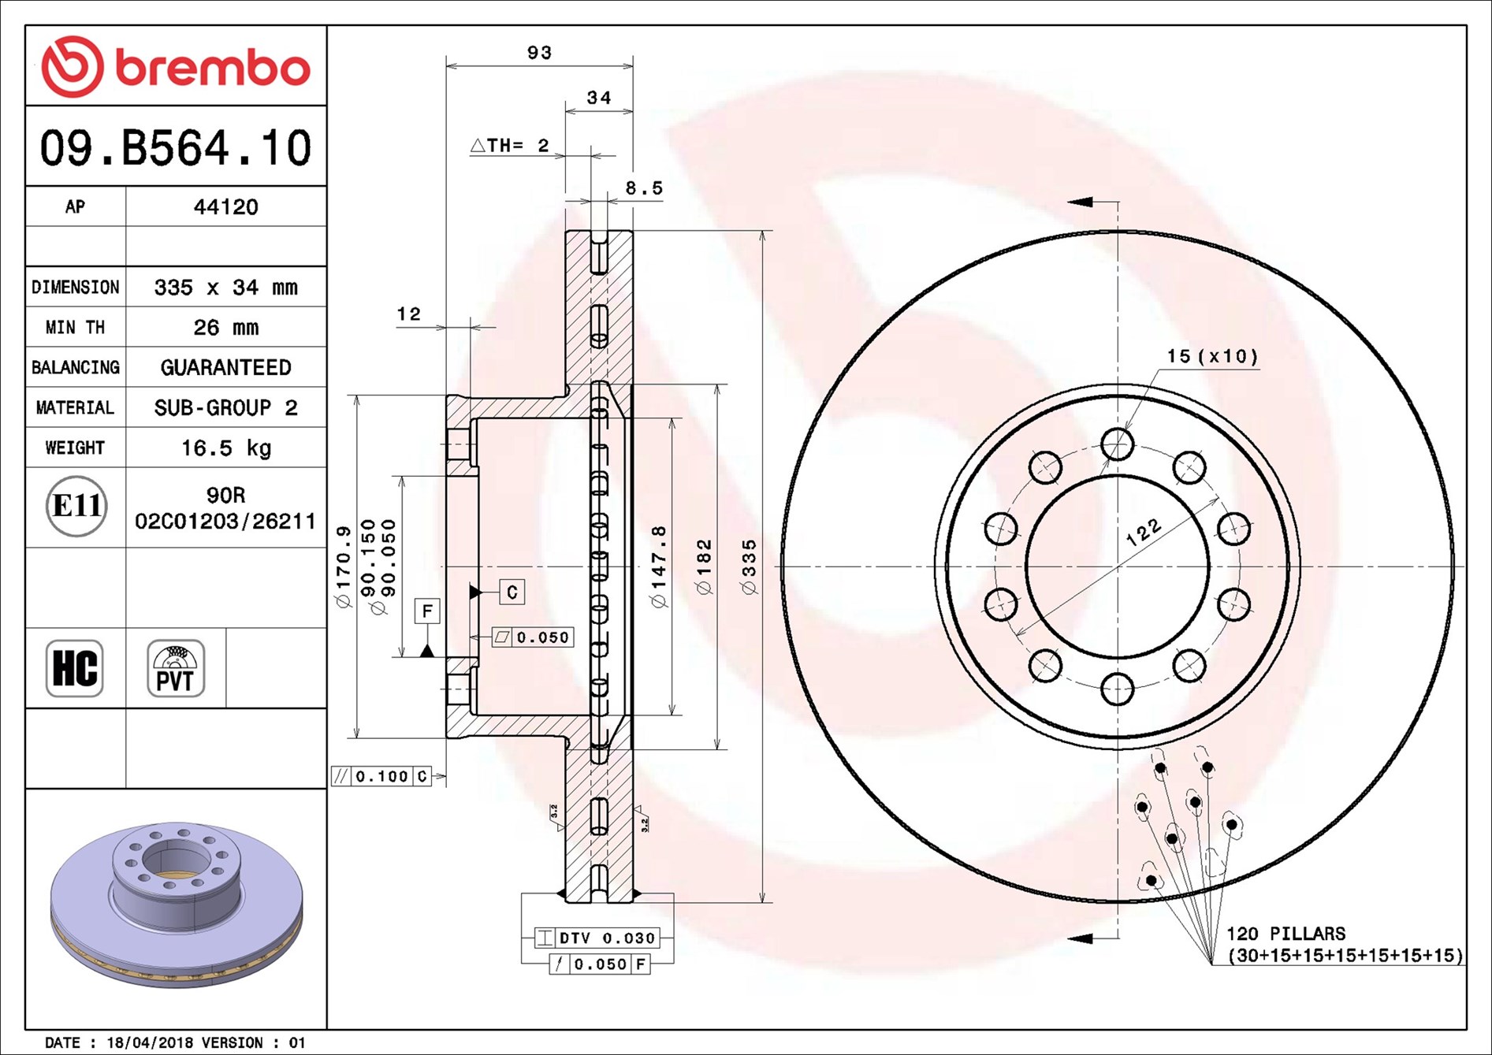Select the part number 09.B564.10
point(176,148)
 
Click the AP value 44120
point(225,207)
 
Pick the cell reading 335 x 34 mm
point(225,288)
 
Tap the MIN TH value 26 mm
point(225,328)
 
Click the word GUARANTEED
point(225,368)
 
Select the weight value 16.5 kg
point(225,448)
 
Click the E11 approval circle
point(76,506)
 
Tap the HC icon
point(75,668)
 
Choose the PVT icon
point(176,668)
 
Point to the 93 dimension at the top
point(539,53)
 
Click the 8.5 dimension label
point(644,188)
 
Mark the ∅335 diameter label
point(748,567)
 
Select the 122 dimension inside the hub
point(1143,533)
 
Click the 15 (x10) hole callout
point(1212,356)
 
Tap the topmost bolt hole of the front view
point(1117,444)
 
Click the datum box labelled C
point(512,592)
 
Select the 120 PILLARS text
point(1286,934)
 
